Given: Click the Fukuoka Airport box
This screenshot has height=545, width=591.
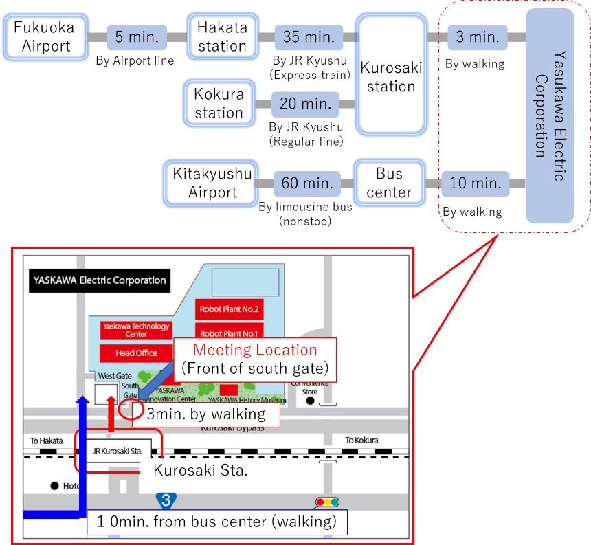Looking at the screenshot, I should [x=47, y=37].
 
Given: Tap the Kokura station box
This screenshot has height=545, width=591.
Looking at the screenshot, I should [x=219, y=104].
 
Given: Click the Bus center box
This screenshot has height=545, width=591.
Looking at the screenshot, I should [x=388, y=182].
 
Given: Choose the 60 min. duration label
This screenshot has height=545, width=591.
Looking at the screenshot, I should [x=306, y=183].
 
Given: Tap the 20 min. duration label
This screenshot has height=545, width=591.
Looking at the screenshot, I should [x=306, y=104].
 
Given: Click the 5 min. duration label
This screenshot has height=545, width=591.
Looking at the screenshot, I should [x=137, y=36].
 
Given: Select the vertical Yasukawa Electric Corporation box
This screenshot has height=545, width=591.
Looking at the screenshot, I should [x=550, y=115].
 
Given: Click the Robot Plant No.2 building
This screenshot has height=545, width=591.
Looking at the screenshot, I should [x=230, y=309].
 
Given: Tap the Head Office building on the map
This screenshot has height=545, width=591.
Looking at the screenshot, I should [x=136, y=353].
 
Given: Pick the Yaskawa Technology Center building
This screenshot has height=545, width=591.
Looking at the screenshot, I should [x=136, y=330].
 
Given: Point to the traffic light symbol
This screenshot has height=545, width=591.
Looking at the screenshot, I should [x=327, y=502].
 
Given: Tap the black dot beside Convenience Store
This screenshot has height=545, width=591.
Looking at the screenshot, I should [x=311, y=401].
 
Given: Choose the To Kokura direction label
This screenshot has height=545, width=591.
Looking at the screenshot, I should [x=362, y=441].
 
